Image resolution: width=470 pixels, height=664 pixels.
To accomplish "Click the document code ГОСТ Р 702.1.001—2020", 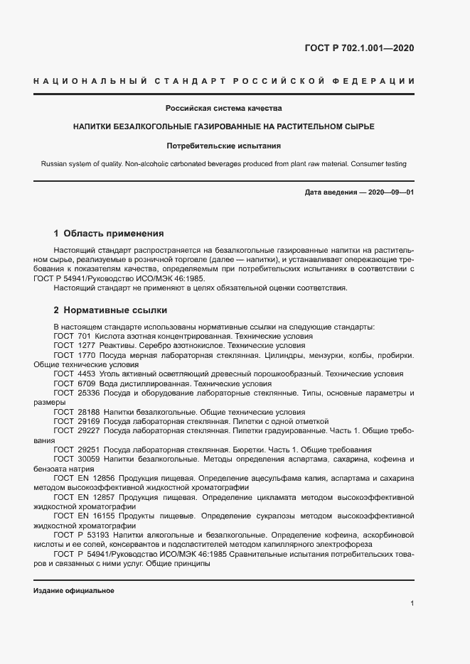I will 359,48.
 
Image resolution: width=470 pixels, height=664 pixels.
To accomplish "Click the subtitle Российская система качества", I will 224,109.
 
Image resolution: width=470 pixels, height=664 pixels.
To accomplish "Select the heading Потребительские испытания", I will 224,146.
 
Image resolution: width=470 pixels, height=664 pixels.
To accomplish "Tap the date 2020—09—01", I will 389,192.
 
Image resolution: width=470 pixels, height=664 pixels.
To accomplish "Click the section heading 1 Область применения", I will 110,233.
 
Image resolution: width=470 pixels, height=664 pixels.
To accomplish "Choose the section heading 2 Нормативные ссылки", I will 111,310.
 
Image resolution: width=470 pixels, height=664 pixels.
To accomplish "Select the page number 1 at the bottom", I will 412,603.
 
